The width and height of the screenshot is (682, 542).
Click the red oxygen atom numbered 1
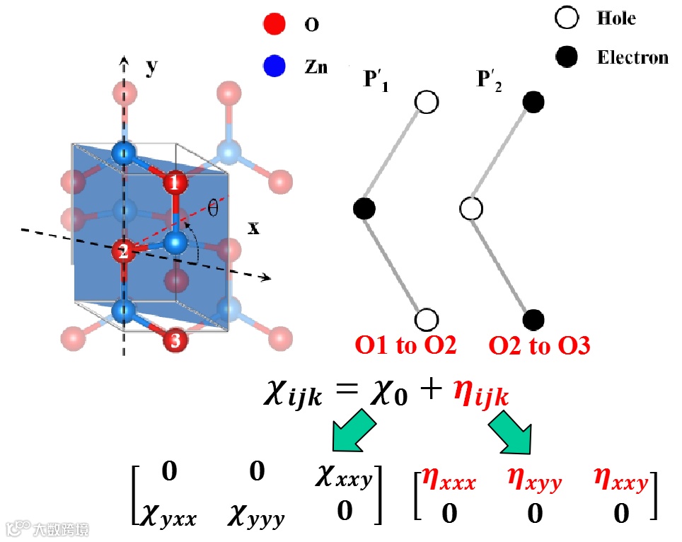175,184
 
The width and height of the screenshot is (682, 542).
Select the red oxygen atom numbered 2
124,250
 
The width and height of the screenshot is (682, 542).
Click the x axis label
253,228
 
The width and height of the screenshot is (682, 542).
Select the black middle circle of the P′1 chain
364,209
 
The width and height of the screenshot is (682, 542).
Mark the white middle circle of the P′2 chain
472,209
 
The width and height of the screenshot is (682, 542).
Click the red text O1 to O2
406,346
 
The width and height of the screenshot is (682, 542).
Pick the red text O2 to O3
540,346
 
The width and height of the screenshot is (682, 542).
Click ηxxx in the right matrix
449,483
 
